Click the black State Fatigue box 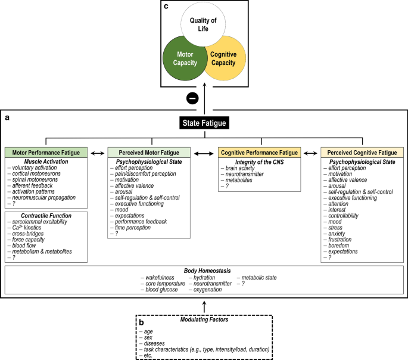point(204,123)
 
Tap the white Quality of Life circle point(203,24)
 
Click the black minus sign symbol point(192,98)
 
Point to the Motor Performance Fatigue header point(46,153)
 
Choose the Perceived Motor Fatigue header point(149,153)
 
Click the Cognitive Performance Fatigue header point(260,153)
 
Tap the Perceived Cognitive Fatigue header point(362,153)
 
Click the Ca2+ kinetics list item point(27,228)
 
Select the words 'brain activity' point(240,168)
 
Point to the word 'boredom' point(338,246)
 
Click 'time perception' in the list point(133,228)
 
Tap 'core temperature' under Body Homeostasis point(165,284)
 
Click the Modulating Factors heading point(204,319)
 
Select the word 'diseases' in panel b point(154,343)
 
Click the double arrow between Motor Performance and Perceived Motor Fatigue point(98,153)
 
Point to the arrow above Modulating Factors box point(204,307)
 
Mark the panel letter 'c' point(166,6)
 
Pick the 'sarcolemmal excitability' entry point(39,222)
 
